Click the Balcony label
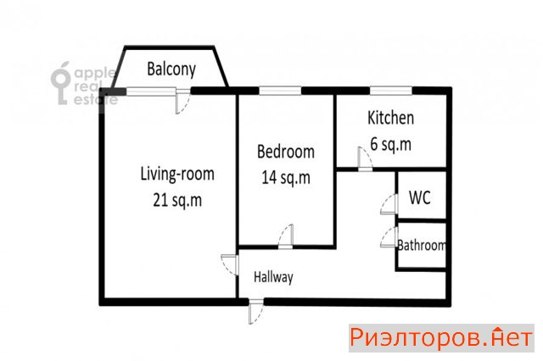171,69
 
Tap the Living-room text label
177,174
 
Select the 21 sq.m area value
177,200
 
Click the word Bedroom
286,152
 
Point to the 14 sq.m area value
286,178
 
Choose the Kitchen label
390,118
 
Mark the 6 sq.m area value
390,144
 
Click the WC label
420,197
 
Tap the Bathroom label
422,245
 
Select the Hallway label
273,277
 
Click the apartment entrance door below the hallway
255,311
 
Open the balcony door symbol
182,102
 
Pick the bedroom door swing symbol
286,236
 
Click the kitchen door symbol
365,159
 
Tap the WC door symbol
389,204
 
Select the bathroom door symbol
389,237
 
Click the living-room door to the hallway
230,265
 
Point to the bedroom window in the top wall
280,91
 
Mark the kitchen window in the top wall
391,91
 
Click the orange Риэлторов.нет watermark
441,338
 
